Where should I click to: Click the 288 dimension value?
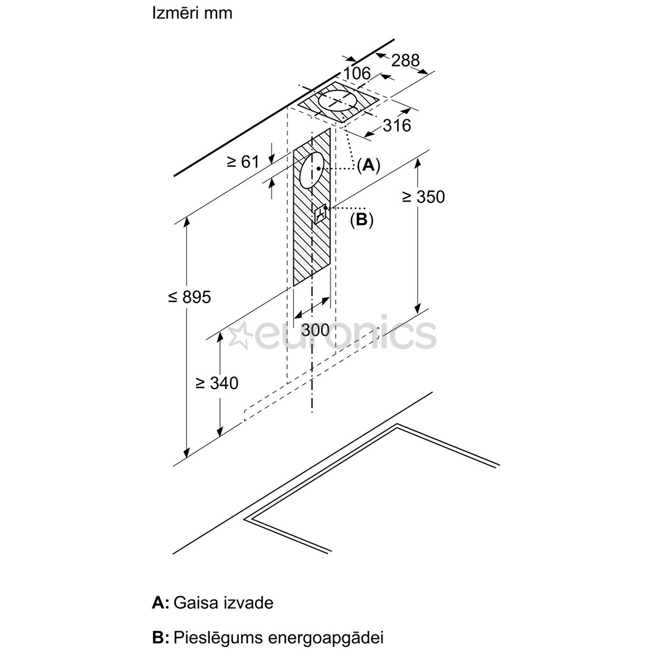pos(405,60)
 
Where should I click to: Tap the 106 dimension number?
pos(357,74)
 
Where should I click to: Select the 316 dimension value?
pos(397,125)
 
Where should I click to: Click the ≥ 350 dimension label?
pos(423,197)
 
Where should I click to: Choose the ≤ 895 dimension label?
pos(189,297)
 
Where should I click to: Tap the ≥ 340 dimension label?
pos(217,383)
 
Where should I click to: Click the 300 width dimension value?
pos(315,330)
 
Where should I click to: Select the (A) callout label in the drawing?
pos(368,165)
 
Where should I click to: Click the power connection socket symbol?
pos(321,214)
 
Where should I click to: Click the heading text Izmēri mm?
pos(192,13)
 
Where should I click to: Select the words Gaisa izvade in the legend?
pos(224,603)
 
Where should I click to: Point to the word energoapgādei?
pos(326,638)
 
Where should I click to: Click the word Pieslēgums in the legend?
pos(218,638)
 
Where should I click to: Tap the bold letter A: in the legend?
pos(160,603)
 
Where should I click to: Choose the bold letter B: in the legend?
pos(160,638)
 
